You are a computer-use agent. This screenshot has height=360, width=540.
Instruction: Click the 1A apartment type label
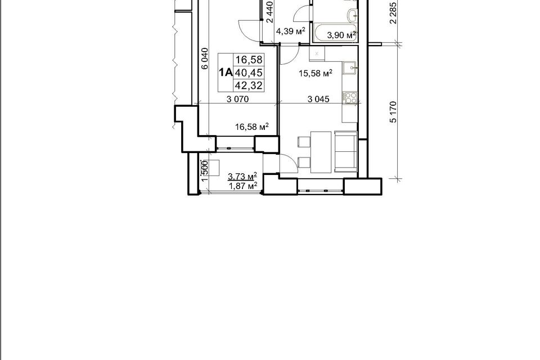(226, 73)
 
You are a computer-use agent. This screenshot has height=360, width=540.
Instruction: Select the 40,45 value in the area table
(249, 73)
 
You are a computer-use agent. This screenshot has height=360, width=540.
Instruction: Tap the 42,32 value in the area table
(249, 85)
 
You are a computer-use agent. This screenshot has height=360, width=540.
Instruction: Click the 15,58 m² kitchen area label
(315, 73)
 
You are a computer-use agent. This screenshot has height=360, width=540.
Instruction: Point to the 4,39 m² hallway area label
(291, 31)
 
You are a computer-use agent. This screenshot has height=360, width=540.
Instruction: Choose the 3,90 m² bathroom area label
(341, 34)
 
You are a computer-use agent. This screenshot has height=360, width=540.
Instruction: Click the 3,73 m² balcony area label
(242, 177)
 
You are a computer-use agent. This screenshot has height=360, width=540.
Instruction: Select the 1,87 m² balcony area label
(243, 186)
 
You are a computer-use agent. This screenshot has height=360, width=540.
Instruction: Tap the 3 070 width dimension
(237, 99)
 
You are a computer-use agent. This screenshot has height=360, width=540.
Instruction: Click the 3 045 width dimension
(318, 99)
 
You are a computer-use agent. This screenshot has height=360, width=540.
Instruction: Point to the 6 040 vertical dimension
(205, 58)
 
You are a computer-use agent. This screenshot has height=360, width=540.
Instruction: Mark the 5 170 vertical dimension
(393, 111)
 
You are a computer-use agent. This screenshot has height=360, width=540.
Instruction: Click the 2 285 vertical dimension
(393, 13)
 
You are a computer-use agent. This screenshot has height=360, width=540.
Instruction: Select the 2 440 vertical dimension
(270, 12)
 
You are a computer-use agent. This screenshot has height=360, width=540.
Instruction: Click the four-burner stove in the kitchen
(349, 97)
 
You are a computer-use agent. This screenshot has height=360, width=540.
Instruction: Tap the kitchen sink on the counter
(349, 68)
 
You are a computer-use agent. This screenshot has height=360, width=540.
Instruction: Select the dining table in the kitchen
(321, 151)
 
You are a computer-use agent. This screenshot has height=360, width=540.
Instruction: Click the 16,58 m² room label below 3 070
(252, 127)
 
